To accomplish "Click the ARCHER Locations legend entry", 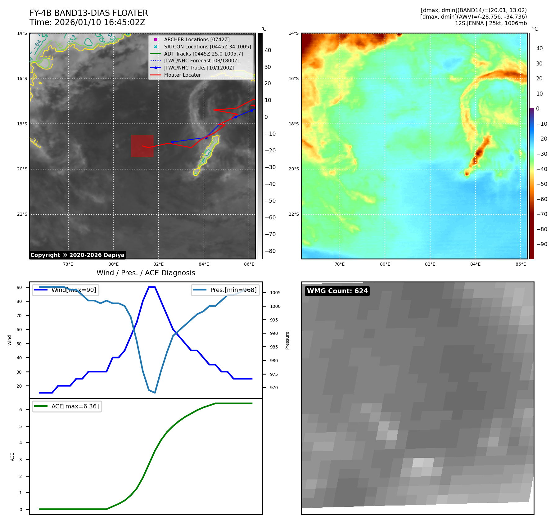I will [196, 40].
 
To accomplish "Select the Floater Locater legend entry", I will [182, 75].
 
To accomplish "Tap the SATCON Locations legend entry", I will [207, 47].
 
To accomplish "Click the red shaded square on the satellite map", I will [142, 146].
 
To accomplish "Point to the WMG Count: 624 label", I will [337, 291].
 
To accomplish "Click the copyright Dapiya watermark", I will [77, 255].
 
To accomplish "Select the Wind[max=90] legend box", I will [65, 290].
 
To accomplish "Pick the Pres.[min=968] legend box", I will [225, 290].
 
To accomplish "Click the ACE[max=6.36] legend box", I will [67, 407].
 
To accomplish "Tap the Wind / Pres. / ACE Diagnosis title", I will [146, 273].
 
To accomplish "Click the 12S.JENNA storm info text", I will [491, 23].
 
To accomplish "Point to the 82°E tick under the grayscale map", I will [159, 264].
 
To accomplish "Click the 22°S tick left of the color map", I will [294, 214].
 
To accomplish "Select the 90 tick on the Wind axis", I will [19, 287].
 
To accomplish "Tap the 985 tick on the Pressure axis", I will [274, 347].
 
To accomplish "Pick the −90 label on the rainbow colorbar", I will [542, 244].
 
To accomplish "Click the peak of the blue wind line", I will [152, 287].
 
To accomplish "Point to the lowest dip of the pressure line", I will [155, 393].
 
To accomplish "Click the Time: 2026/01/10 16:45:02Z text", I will [87, 22].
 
